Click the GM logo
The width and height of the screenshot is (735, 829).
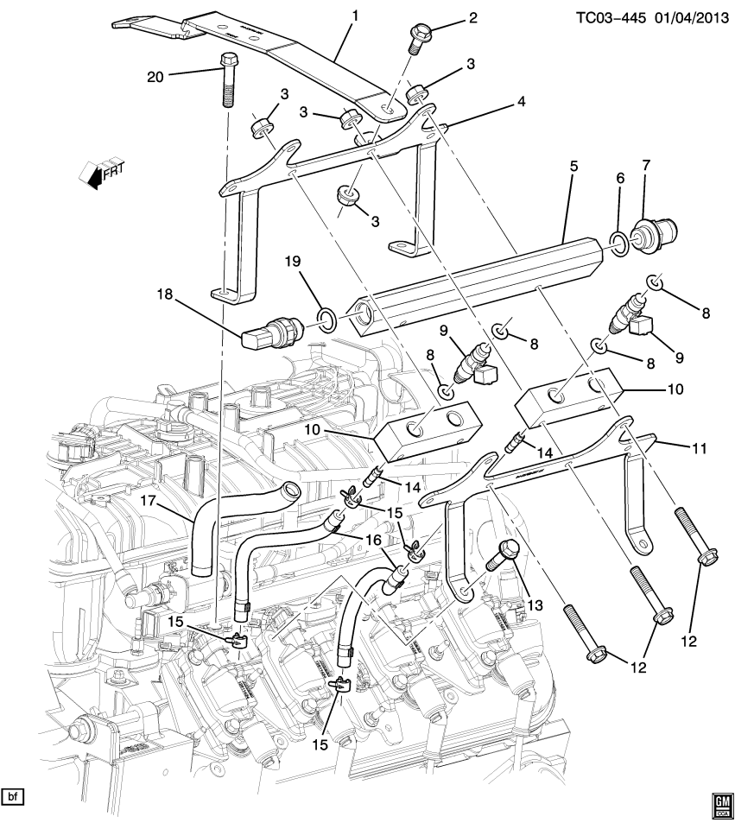click(x=719, y=805)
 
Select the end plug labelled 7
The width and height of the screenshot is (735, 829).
click(x=654, y=234)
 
